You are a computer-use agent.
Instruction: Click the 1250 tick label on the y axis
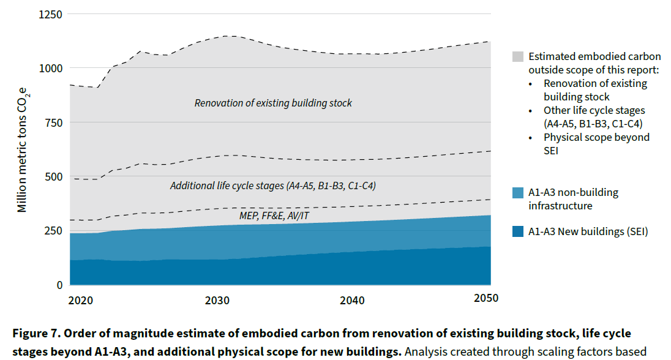click(x=50, y=14)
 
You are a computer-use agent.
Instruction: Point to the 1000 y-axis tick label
click(x=50, y=69)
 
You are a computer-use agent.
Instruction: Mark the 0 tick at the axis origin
click(x=59, y=285)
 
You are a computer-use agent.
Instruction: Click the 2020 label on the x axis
click(x=81, y=300)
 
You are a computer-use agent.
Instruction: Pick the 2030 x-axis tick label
click(x=217, y=300)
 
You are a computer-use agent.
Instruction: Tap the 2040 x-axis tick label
click(x=352, y=300)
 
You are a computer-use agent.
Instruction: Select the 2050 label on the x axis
click(x=486, y=298)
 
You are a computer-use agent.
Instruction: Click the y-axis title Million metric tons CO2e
click(x=23, y=149)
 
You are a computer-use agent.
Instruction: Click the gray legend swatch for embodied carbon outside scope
click(x=517, y=56)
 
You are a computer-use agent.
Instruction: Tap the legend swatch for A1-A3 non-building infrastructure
click(x=517, y=193)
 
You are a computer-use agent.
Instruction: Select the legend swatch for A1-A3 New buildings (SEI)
click(x=517, y=231)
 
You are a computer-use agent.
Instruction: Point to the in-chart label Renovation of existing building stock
click(x=273, y=103)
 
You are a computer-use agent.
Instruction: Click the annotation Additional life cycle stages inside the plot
click(x=272, y=185)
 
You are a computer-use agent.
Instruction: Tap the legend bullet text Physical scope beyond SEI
click(x=596, y=144)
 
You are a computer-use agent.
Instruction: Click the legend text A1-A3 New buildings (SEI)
click(x=588, y=231)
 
